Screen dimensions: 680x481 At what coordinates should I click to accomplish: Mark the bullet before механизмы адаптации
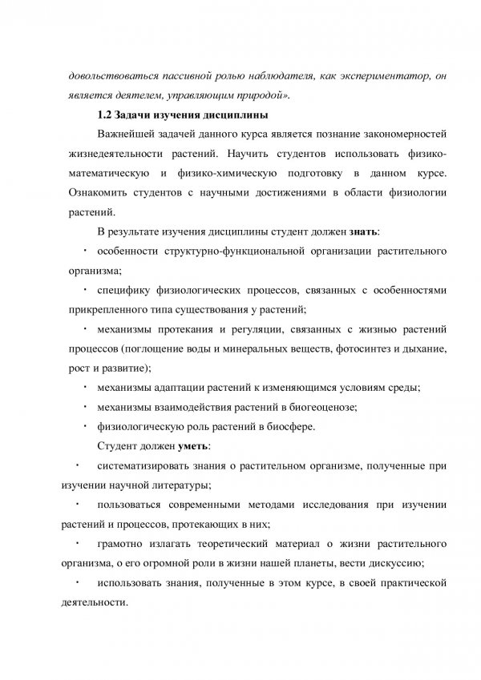click(85, 386)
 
